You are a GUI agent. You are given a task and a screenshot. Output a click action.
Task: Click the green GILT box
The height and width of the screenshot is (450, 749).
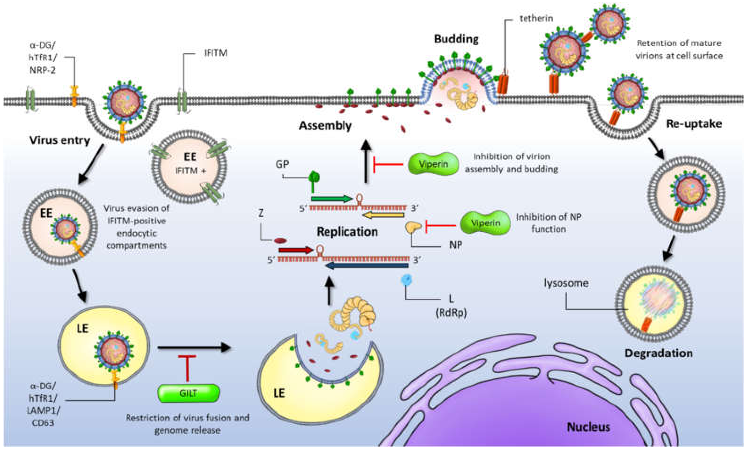tap(188, 393)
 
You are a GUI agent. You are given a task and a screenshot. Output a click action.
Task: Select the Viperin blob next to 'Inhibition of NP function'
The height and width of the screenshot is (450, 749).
tap(485, 223)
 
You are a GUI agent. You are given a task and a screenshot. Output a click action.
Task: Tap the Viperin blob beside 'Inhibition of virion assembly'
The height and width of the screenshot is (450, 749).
tap(433, 164)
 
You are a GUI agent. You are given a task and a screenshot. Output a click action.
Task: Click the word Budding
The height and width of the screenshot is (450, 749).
tap(456, 39)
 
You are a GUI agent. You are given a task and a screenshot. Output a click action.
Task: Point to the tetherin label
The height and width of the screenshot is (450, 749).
tap(536, 18)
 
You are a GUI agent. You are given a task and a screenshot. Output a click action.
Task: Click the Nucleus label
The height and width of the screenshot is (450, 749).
tap(588, 427)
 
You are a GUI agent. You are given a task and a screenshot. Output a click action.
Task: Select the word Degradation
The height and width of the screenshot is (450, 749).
tap(659, 353)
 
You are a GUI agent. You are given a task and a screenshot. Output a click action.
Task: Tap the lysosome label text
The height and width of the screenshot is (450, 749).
tap(566, 283)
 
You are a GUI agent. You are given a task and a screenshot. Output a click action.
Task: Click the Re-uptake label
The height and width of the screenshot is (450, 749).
tap(694, 124)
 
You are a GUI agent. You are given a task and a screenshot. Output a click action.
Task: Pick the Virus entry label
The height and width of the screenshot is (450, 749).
tap(60, 140)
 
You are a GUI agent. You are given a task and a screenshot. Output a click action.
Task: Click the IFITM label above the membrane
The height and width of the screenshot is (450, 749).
tap(215, 53)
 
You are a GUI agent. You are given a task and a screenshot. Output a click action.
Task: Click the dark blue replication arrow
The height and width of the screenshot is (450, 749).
tap(366, 266)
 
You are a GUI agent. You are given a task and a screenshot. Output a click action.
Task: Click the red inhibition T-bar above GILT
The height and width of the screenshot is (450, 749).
tap(187, 367)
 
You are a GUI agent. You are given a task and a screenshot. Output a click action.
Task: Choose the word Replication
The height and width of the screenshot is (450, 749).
tap(347, 232)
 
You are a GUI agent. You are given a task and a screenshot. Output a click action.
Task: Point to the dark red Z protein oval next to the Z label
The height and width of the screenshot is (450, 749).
tap(280, 241)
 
